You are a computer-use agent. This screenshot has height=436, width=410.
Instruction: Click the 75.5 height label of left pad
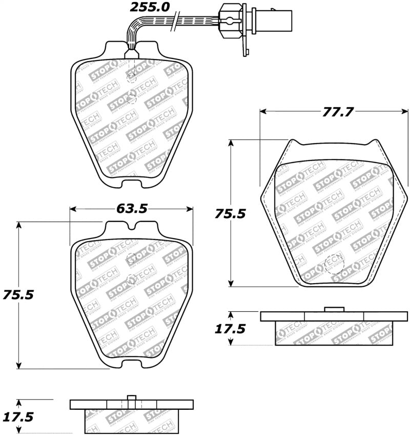tap(17, 295)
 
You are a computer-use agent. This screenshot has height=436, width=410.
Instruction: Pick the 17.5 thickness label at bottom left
tap(17, 417)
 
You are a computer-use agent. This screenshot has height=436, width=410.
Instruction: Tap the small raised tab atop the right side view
tap(334, 309)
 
